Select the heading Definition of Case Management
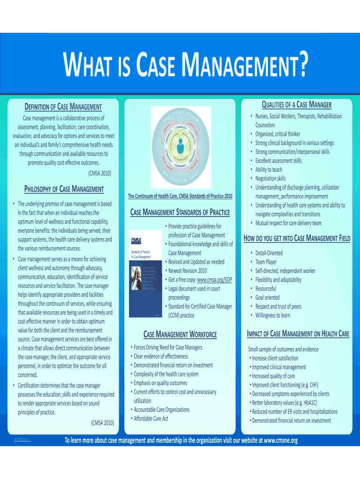(x=63, y=107)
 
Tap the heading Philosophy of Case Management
(x=64, y=189)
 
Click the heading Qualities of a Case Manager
(x=296, y=104)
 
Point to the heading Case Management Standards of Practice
(x=180, y=213)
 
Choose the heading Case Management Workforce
(x=180, y=334)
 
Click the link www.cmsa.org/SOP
(x=214, y=279)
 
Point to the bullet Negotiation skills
(x=270, y=178)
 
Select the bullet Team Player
(x=266, y=262)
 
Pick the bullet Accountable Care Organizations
(x=161, y=409)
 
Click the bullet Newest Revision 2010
(x=187, y=270)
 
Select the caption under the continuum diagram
(x=180, y=196)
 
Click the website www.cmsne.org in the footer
(x=281, y=441)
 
